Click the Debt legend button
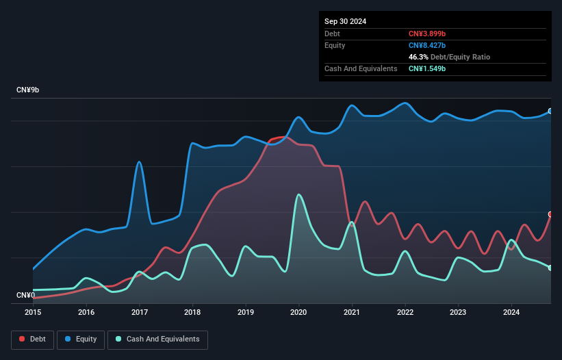click(33, 339)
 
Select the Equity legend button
click(81, 339)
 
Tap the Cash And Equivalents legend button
click(157, 339)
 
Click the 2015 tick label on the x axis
click(33, 312)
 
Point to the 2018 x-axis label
click(192, 312)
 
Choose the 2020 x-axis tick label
click(298, 312)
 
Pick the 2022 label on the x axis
click(405, 312)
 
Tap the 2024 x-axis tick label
click(511, 312)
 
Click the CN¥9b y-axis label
click(27, 90)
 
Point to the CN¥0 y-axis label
click(26, 295)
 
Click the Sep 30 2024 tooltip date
click(345, 21)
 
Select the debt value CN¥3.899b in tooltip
click(427, 34)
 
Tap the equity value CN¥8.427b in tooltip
click(427, 45)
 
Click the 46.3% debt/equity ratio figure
click(418, 57)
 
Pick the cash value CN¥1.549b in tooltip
click(427, 68)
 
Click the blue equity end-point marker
click(550, 111)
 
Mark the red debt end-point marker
click(550, 214)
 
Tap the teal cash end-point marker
click(550, 268)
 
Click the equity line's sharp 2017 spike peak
click(139, 162)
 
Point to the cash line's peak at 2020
click(298, 195)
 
